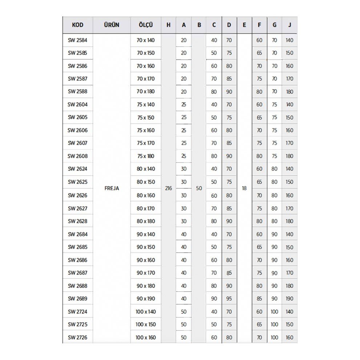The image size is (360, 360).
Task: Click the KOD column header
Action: (x=77, y=25)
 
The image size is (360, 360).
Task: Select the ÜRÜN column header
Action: (x=111, y=25)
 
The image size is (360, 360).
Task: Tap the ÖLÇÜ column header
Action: (x=145, y=25)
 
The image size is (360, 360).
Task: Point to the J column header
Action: (x=289, y=25)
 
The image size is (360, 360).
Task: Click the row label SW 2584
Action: (x=77, y=40)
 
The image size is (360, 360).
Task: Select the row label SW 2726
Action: (x=77, y=337)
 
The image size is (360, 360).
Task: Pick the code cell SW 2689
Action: (x=77, y=299)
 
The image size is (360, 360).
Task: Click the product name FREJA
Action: (x=112, y=188)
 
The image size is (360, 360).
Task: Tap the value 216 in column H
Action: (x=168, y=188)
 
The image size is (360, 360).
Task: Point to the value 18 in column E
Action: (x=244, y=188)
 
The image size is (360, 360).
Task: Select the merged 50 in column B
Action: (x=199, y=188)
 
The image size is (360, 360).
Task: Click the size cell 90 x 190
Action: (x=146, y=299)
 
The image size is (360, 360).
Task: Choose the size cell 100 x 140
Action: (x=146, y=312)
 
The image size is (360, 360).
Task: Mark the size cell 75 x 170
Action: (x=146, y=143)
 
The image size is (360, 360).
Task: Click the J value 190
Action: (x=289, y=299)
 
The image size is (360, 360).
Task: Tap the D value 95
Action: (x=229, y=299)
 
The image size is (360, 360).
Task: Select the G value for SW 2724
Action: (x=274, y=312)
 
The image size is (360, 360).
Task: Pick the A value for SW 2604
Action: (x=184, y=104)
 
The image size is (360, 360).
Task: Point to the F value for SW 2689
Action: (x=259, y=299)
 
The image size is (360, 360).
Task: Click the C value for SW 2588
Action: (x=214, y=92)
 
